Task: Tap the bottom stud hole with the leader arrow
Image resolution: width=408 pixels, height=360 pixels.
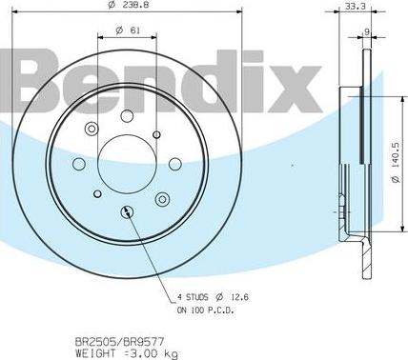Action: (x=126, y=211)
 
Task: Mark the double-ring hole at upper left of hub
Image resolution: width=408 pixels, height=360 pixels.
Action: (x=92, y=130)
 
